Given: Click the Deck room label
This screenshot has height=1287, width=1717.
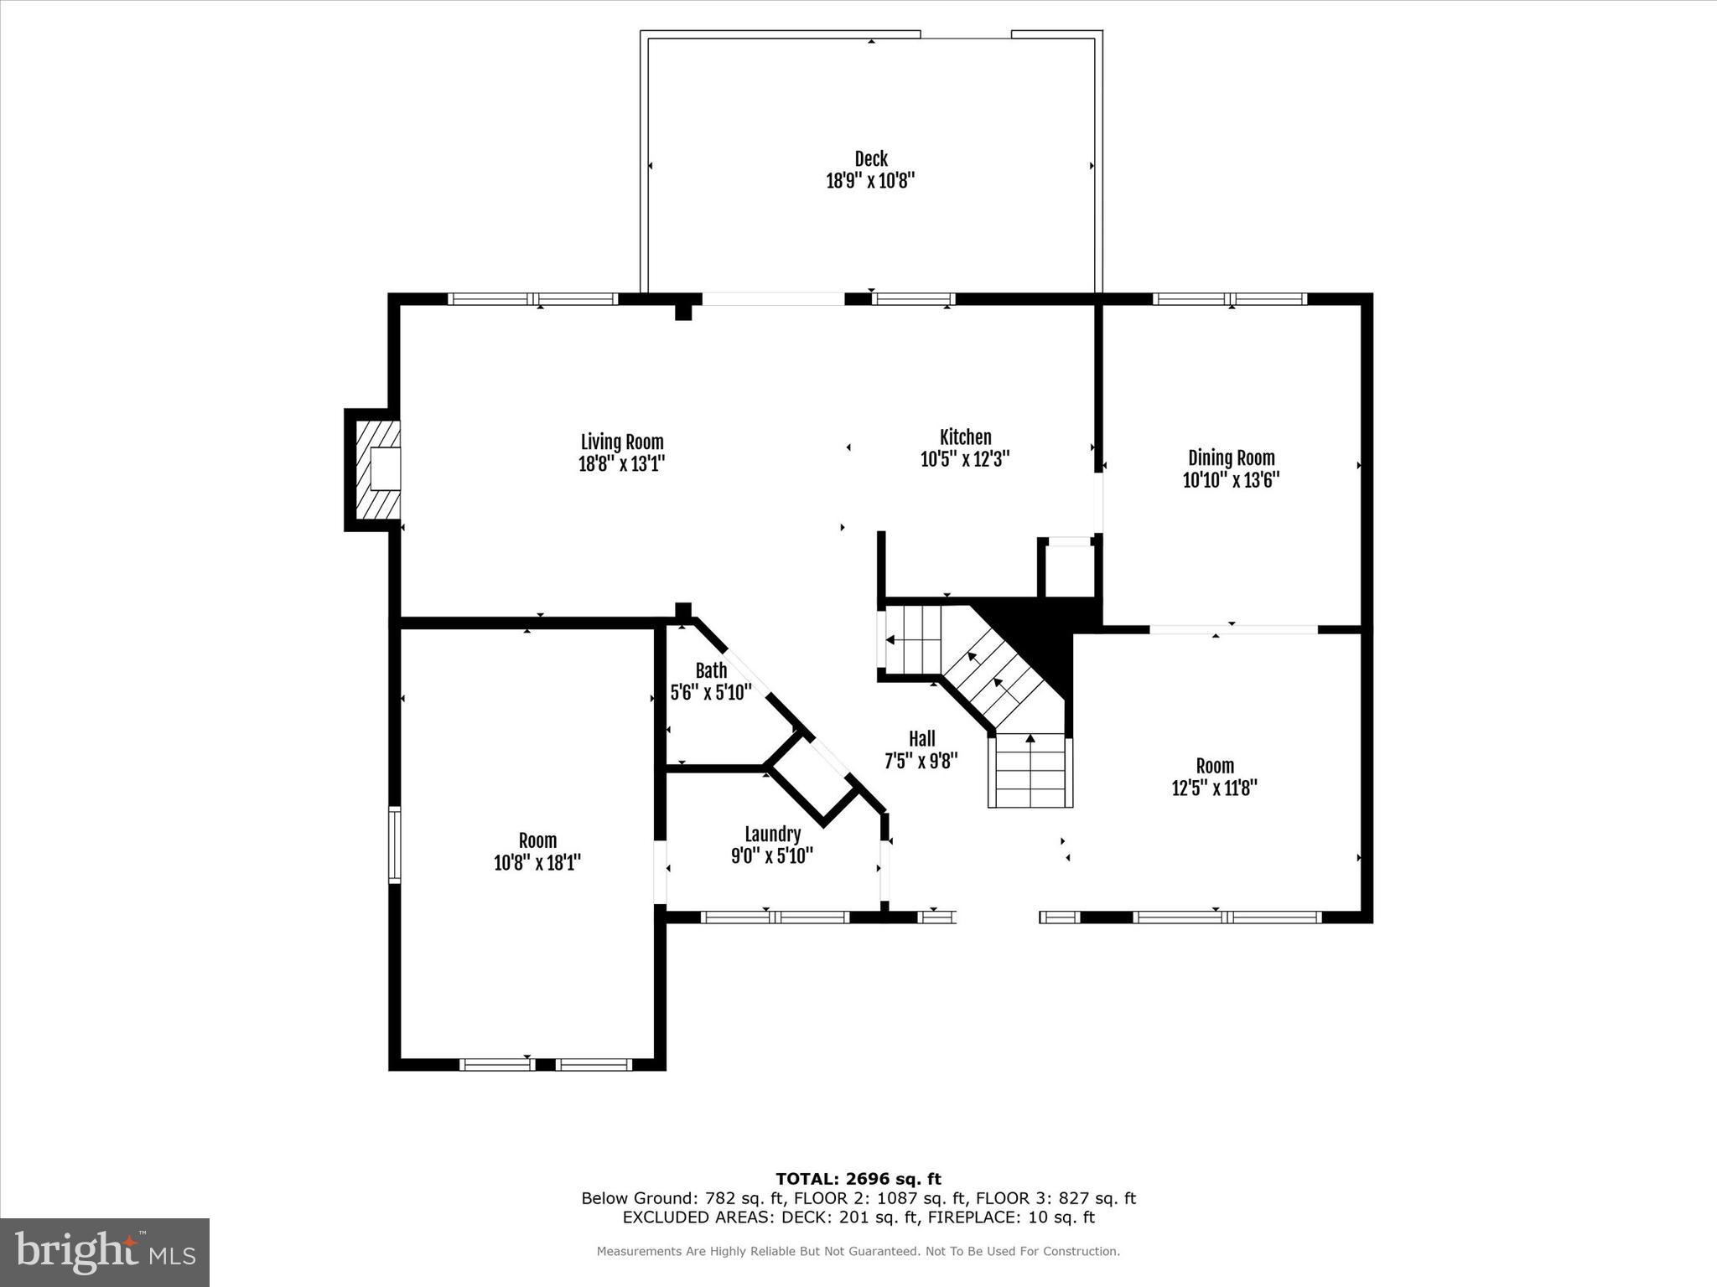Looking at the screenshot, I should click(870, 158).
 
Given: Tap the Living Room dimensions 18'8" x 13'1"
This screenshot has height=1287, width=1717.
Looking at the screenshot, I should click(621, 464).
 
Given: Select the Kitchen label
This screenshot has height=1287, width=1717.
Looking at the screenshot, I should click(965, 437).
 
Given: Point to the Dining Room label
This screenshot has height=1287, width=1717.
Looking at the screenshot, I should click(1231, 458).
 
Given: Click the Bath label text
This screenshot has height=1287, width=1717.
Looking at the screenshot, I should click(711, 670).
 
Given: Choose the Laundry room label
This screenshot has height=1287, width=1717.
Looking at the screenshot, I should click(772, 835).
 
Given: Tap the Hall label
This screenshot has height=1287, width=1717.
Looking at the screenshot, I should click(921, 739).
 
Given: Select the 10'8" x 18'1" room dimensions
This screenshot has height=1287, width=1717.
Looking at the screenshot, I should click(537, 863).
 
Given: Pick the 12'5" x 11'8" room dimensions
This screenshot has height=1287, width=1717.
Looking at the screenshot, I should click(1214, 788).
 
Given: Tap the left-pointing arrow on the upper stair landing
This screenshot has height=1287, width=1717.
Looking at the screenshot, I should click(890, 640).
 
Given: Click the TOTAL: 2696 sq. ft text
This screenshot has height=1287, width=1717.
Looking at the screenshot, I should click(858, 1180).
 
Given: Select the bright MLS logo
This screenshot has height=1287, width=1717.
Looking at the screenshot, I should click(105, 1252).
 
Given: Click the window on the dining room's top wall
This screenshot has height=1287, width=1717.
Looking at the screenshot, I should click(1230, 299).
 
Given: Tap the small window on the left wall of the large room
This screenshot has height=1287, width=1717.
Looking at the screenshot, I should click(394, 844).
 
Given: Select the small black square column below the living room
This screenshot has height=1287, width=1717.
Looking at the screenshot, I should click(683, 610).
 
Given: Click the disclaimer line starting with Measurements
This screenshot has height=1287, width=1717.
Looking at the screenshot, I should click(858, 1252).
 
